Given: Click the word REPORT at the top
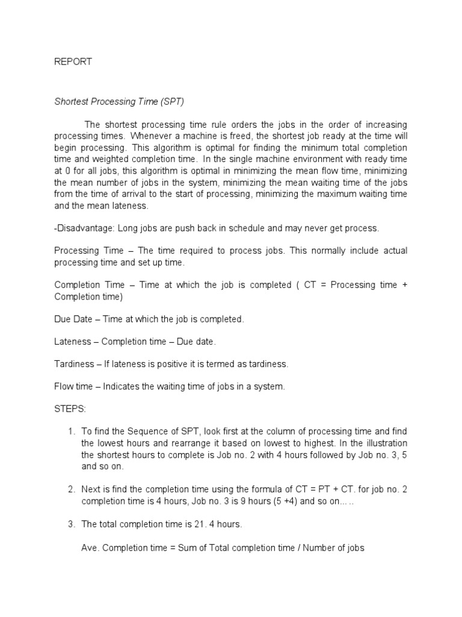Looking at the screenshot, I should pyautogui.click(x=73, y=62).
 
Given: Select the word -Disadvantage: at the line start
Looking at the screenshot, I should pyautogui.click(x=84, y=228).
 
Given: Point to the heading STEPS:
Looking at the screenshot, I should pyautogui.click(x=70, y=410).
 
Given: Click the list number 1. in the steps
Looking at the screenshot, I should pyautogui.click(x=71, y=432).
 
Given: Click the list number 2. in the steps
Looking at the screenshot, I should pyautogui.click(x=71, y=489).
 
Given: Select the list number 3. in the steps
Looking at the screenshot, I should pyautogui.click(x=71, y=525).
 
